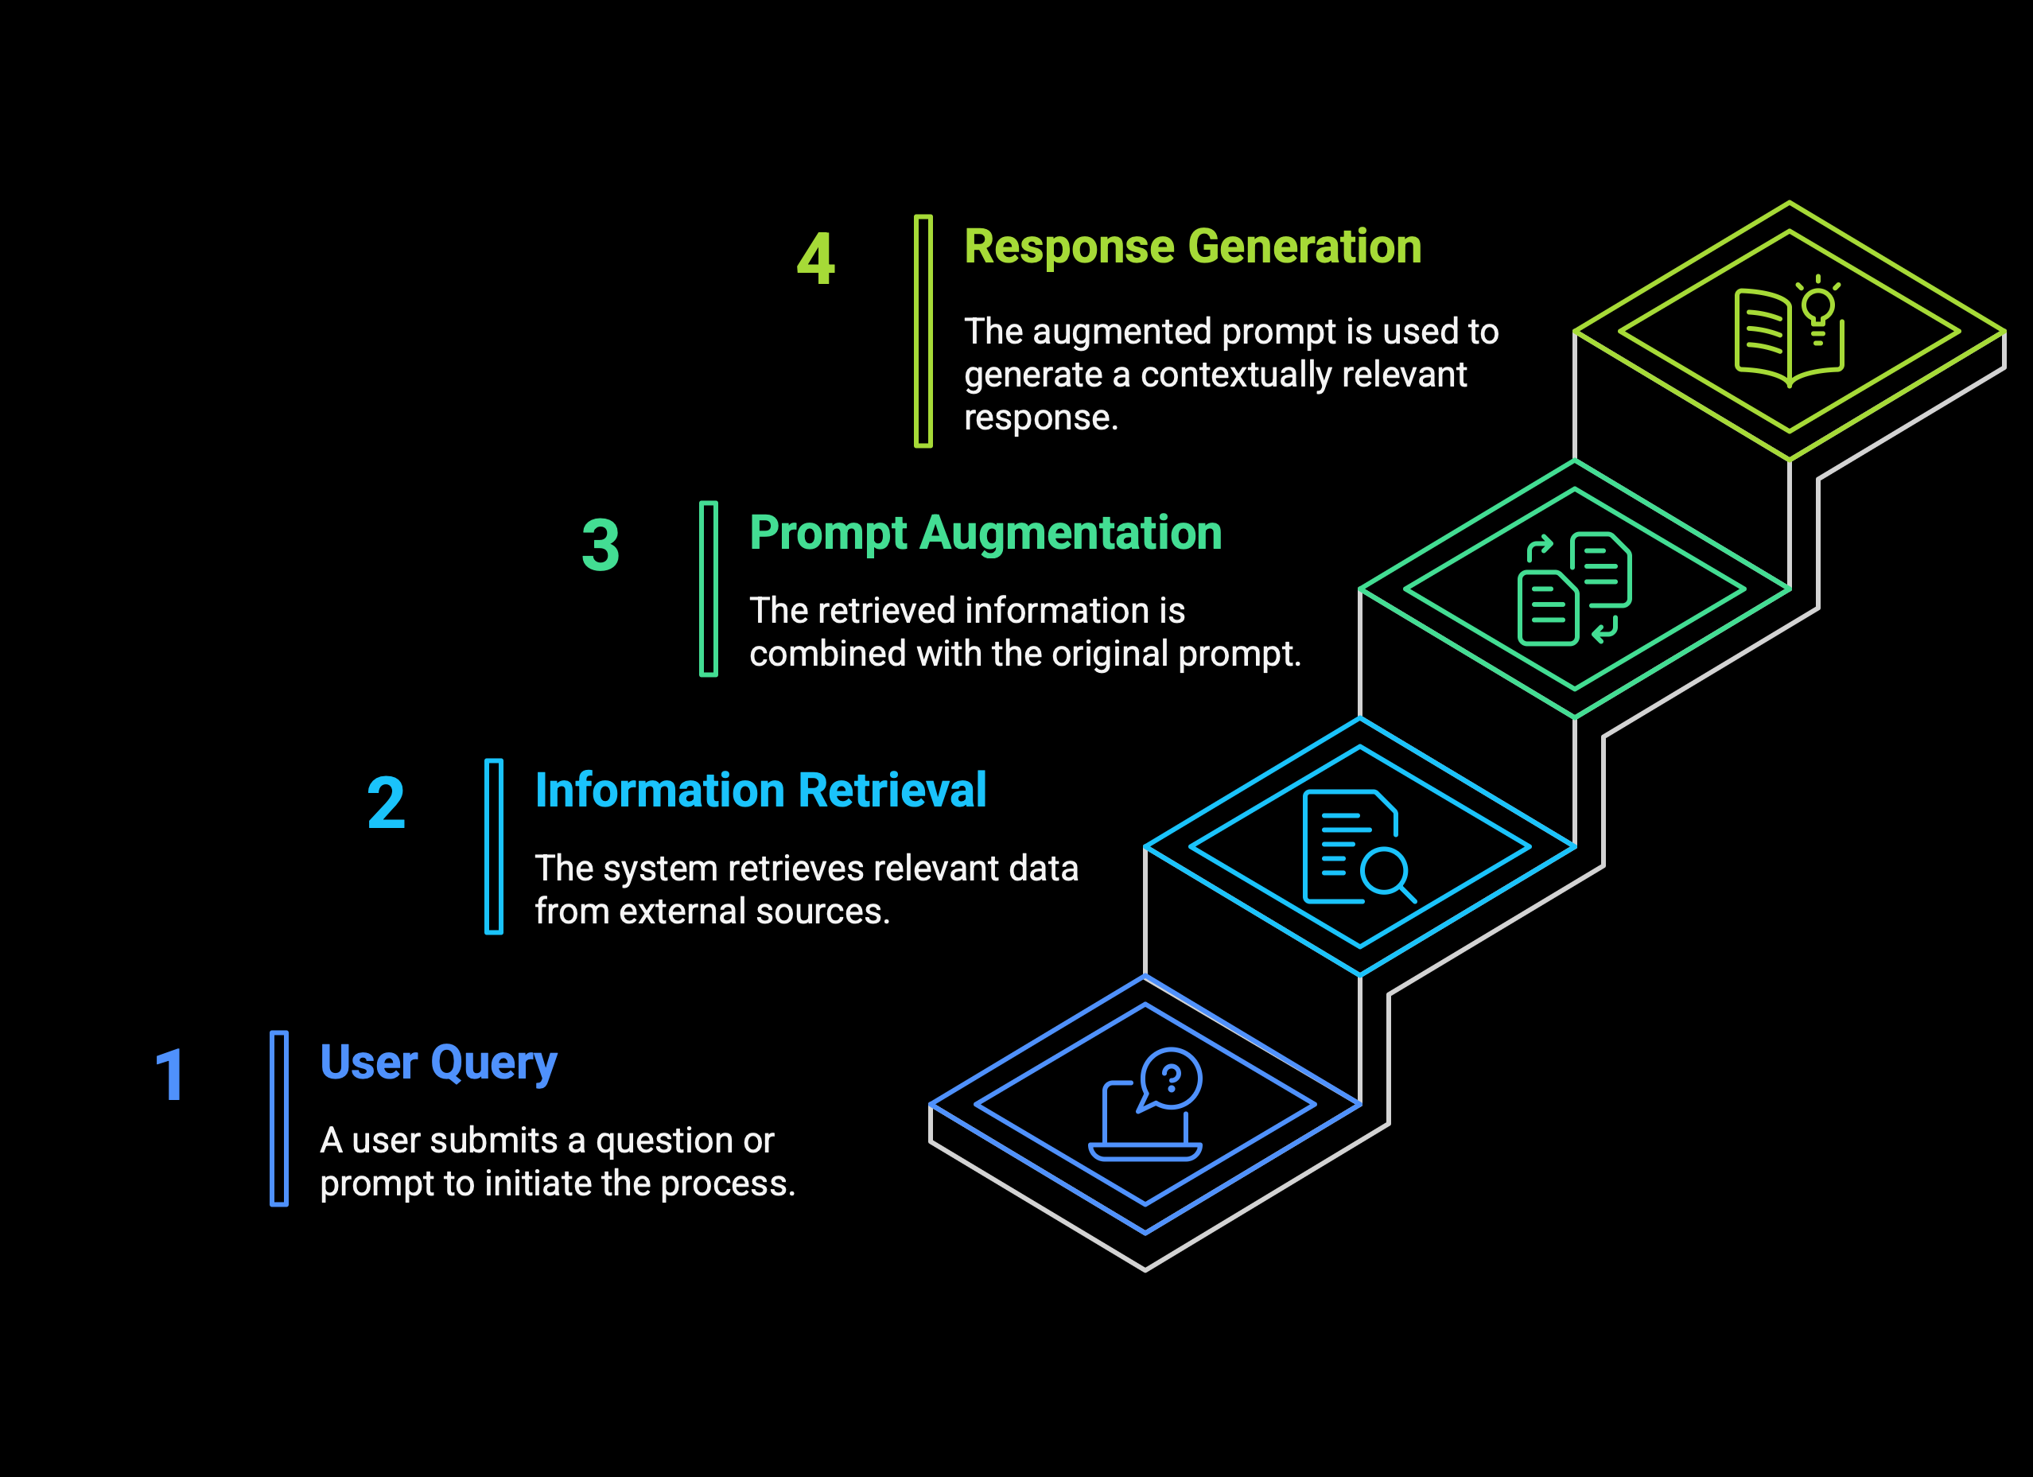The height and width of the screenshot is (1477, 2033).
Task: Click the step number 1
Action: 170,1075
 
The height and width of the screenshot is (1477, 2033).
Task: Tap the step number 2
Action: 387,803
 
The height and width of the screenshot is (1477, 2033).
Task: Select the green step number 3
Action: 601,545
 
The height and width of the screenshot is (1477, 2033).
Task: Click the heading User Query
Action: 438,1064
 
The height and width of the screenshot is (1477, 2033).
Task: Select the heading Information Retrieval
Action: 760,791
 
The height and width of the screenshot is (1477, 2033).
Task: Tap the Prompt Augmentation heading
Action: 985,533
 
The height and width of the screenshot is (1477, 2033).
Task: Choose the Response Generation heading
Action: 1192,247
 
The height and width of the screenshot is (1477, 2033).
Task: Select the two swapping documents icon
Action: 1574,589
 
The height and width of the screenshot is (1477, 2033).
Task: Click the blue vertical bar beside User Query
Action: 278,1118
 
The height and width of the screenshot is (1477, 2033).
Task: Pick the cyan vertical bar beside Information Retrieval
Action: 494,847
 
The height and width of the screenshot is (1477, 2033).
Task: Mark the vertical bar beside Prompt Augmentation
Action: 708,589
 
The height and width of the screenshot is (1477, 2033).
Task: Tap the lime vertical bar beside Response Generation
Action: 923,331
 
